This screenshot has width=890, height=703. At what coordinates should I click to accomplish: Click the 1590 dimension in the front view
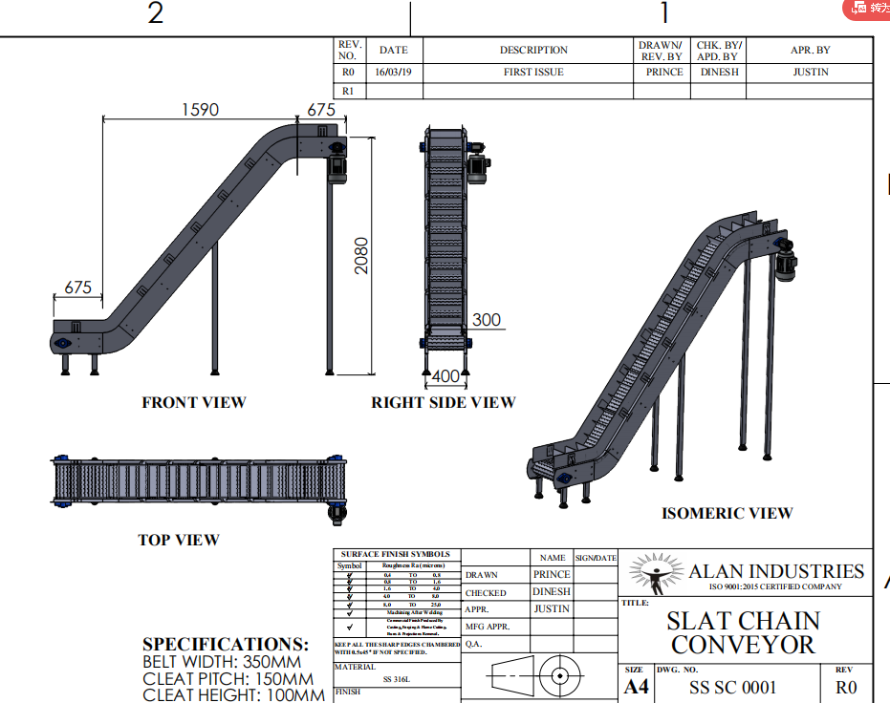(x=201, y=110)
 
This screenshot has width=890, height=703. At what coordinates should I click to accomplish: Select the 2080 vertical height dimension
(x=361, y=255)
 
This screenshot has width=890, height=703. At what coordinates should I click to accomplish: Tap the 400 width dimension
(x=445, y=377)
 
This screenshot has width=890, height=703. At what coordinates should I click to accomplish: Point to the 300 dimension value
(x=487, y=320)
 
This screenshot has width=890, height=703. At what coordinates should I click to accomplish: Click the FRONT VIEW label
(x=194, y=403)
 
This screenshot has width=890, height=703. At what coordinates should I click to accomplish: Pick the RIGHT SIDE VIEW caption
(x=444, y=403)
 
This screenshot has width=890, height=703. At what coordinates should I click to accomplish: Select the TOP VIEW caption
(x=179, y=540)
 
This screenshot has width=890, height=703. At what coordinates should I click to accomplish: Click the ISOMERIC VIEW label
(x=727, y=513)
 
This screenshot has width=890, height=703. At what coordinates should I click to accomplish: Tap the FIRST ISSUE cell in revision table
(x=533, y=73)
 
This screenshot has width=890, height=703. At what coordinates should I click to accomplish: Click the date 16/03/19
(x=393, y=73)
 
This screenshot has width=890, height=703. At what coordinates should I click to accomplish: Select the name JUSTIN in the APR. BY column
(x=811, y=73)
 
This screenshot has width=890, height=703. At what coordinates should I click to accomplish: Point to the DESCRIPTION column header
(x=533, y=51)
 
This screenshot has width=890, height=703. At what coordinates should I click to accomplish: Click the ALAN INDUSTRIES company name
(x=776, y=571)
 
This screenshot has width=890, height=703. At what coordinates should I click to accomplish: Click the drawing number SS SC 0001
(x=733, y=687)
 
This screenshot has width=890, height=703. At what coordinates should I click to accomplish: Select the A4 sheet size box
(x=636, y=687)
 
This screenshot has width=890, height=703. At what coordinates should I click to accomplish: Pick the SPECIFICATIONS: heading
(x=226, y=645)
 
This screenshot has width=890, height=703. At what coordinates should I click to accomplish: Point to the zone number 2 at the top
(x=155, y=13)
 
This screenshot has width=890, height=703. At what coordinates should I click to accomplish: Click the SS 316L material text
(x=398, y=679)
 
